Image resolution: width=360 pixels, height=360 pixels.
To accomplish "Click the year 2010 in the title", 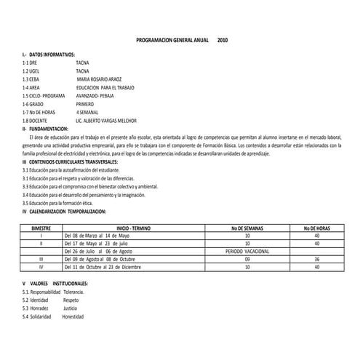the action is point(223,41).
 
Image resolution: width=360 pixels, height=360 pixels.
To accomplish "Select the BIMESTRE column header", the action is point(41,228).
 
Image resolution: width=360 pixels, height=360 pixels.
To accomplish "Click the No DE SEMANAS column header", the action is point(247,228).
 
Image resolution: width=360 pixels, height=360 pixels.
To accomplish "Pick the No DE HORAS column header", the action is point(316,228).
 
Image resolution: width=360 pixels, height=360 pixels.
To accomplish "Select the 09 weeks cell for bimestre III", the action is point(247,258).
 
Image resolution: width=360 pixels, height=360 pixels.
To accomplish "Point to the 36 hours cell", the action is point(316,258).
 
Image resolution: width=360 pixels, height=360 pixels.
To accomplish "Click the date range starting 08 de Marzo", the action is point(97,236).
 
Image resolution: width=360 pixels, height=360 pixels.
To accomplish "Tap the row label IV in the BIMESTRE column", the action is point(41,266).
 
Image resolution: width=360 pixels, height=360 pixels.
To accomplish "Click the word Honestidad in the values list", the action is point(73,316).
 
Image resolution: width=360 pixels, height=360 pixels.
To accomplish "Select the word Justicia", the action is point(71,308).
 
